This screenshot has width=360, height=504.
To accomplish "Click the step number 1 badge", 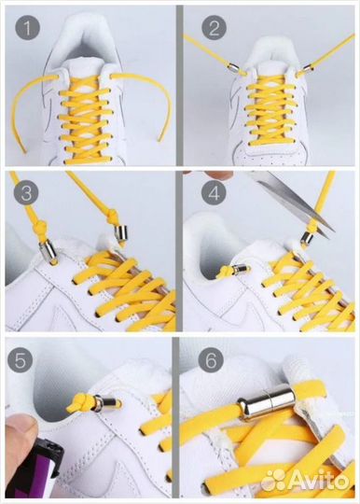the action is coord(27,27).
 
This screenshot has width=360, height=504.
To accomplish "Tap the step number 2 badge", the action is coord(214,27).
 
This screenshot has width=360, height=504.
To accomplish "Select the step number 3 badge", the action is coord(26,193).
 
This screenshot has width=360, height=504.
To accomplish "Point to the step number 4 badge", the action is coord(214,193).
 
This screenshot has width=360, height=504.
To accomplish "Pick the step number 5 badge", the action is coord(20,360).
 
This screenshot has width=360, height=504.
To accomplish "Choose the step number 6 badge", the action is coord(211,360).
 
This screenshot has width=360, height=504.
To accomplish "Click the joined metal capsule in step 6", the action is coord(266,400).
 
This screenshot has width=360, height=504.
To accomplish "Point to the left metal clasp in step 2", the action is coord(233,68).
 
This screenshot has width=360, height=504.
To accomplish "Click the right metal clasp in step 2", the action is coord(309,68).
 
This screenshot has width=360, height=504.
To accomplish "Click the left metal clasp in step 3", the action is coord(48,251).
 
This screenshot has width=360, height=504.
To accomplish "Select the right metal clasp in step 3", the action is coord(121,234).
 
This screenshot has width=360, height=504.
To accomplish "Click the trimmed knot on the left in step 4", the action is coord(225,272).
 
